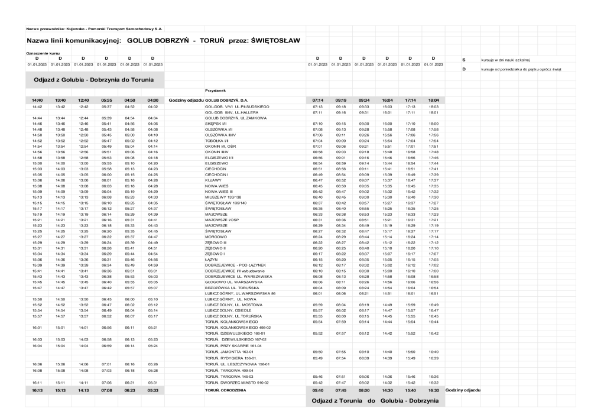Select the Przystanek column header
point(215,90)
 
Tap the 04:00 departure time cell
point(152,101)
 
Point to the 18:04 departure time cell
point(434,101)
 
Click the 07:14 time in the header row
point(317,101)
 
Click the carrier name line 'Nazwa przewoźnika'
point(95,28)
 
